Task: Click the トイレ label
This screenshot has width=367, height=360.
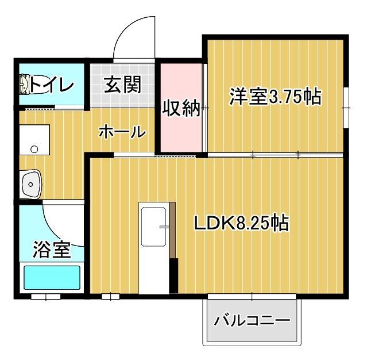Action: click(x=52, y=86)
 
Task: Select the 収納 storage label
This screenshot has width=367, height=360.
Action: click(x=180, y=108)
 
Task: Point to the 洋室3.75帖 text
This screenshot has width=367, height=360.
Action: click(x=275, y=97)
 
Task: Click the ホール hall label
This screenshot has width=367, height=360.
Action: click(x=121, y=132)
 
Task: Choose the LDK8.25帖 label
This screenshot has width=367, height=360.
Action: click(x=240, y=223)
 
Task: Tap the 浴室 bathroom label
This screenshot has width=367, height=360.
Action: click(x=51, y=250)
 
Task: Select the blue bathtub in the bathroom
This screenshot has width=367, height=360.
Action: click(x=51, y=279)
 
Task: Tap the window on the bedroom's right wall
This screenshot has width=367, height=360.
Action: click(x=347, y=108)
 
